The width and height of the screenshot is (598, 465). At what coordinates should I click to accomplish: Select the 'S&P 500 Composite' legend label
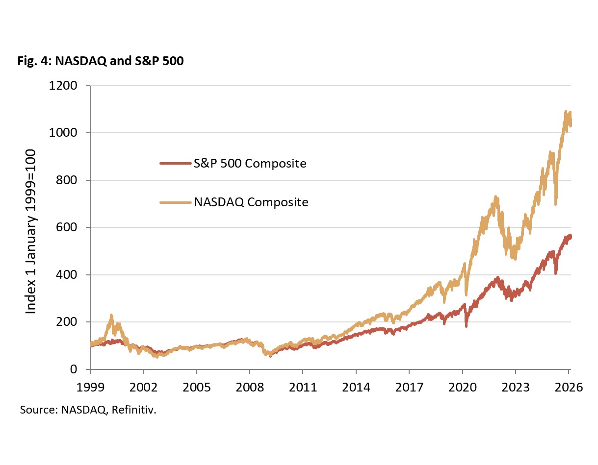pyautogui.click(x=250, y=163)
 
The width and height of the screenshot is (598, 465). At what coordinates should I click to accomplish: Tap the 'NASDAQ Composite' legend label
pyautogui.click(x=251, y=202)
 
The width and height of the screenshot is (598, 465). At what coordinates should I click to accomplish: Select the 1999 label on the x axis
pyautogui.click(x=90, y=387)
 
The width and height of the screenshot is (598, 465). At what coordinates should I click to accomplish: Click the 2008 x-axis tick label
pyautogui.click(x=250, y=387)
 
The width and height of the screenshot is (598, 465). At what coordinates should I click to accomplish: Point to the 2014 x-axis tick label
pyautogui.click(x=356, y=387)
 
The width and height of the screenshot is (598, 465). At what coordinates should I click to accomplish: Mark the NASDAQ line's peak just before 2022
pyautogui.click(x=495, y=197)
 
